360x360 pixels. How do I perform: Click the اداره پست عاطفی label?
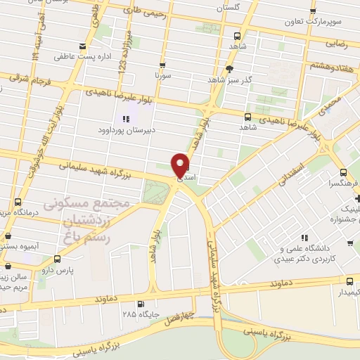point(81,54)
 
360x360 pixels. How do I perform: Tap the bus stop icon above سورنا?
point(162,63)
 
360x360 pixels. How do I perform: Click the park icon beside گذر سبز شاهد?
point(229,68)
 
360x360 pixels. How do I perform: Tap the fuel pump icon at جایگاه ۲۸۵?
point(141,304)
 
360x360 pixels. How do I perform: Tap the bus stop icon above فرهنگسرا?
point(342,172)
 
